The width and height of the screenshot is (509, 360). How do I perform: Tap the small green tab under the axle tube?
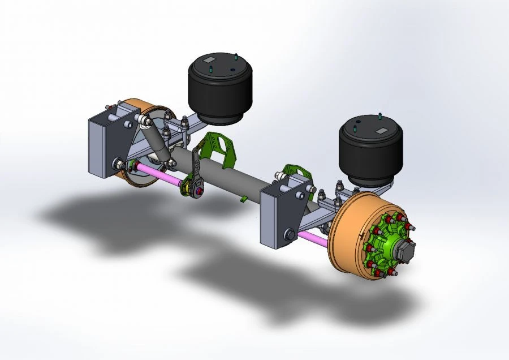[x=243, y=198]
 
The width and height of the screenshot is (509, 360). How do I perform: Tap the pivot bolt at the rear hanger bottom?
[x=119, y=164]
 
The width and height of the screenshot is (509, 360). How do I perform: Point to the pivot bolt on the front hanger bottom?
[x=289, y=233]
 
